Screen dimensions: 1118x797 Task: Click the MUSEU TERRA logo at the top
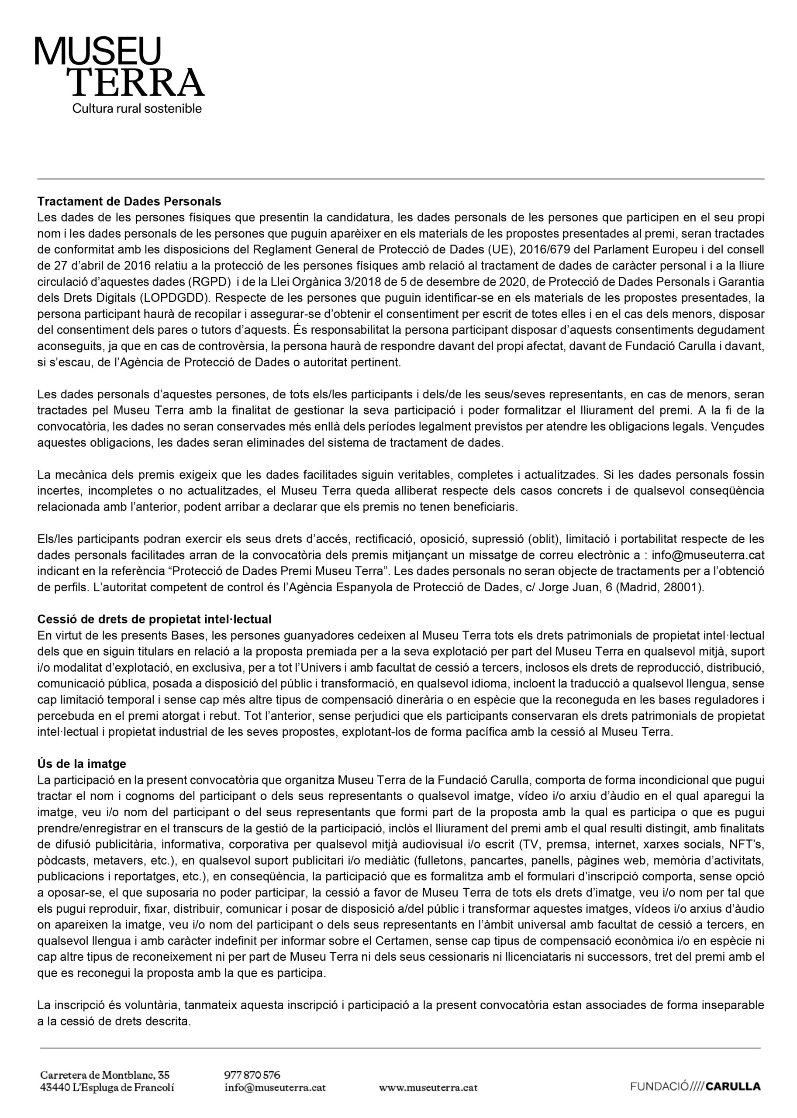(119, 67)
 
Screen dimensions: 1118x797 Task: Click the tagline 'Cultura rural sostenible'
(137, 108)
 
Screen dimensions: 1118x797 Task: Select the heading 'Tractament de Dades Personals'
(129, 201)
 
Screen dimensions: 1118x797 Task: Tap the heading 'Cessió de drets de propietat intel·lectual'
(154, 619)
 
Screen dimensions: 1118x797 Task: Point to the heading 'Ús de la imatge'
(82, 764)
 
